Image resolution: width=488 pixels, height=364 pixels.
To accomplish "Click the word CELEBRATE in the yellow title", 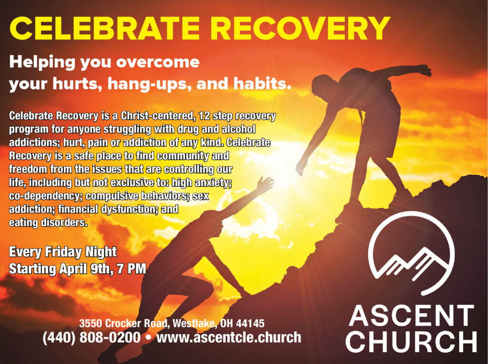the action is pos(104,28).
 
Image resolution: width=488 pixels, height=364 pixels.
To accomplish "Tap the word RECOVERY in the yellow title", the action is pos(302,28).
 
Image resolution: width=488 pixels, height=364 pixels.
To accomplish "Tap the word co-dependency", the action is pos(46,197).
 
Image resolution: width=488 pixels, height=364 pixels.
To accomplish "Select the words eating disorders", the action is pos(48,223).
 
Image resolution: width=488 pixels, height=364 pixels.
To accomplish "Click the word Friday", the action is pos(63,252).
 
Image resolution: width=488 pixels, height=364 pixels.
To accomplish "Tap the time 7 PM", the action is pos(132,269).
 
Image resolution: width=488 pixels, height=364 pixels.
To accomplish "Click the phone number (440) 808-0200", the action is pos(91,337).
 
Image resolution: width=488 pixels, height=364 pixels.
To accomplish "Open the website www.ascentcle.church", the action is pos(229,337).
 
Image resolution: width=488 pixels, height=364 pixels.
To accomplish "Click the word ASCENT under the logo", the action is pos(411,315).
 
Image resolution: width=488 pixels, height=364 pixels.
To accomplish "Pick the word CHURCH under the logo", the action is pos(411,341).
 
